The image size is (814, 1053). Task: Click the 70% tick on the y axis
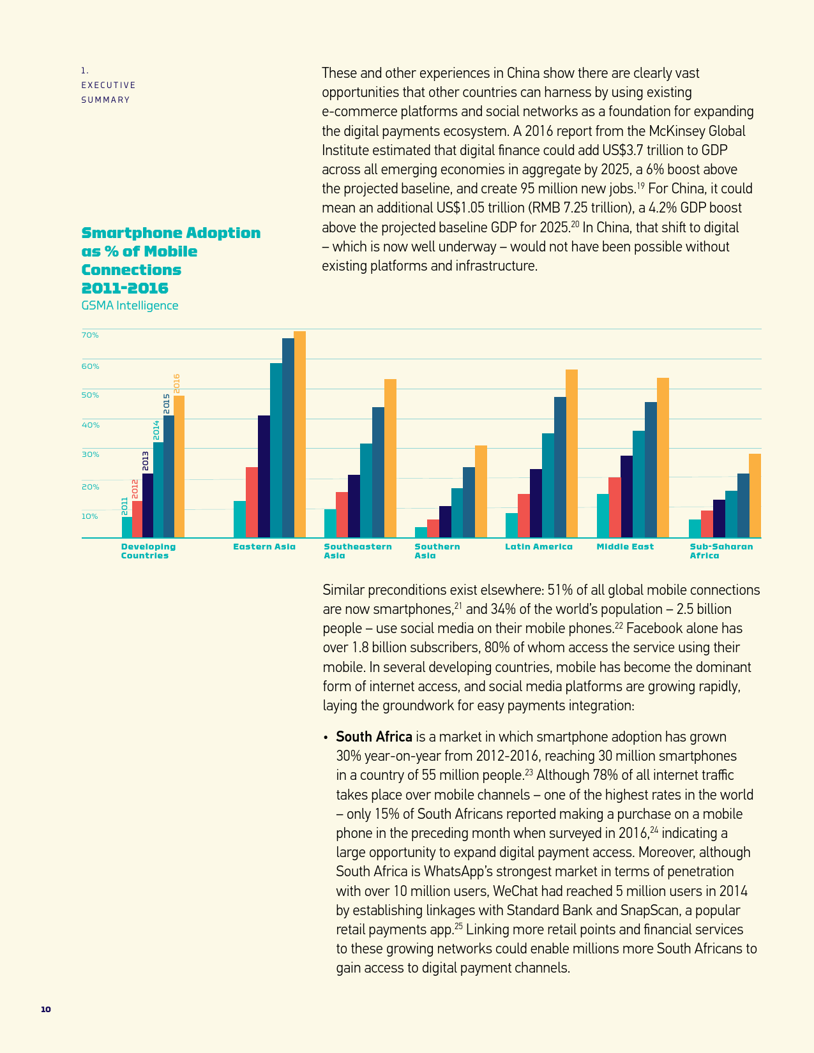(90, 335)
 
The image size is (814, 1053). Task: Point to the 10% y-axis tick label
(90, 516)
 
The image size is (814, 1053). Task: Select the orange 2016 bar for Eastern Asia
(299, 434)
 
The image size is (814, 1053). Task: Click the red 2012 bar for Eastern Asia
(252, 502)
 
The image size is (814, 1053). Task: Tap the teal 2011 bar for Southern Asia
(421, 532)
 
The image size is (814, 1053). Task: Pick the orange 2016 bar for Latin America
(571, 453)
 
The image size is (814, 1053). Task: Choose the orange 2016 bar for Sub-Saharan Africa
(755, 495)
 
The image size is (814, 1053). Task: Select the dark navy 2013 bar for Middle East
(626, 497)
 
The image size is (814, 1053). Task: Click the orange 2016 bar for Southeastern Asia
(390, 458)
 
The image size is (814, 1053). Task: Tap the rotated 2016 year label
(177, 384)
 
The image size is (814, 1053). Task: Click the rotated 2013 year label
(146, 461)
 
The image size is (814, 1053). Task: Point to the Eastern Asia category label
(264, 547)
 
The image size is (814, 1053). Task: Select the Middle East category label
(625, 547)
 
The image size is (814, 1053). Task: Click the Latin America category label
(539, 547)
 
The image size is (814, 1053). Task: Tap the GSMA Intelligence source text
(130, 306)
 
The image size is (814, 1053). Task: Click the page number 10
(45, 1010)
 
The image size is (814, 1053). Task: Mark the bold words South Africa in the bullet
(374, 737)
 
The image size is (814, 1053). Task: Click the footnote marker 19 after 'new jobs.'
(640, 186)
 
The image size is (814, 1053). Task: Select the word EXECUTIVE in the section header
(108, 86)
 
